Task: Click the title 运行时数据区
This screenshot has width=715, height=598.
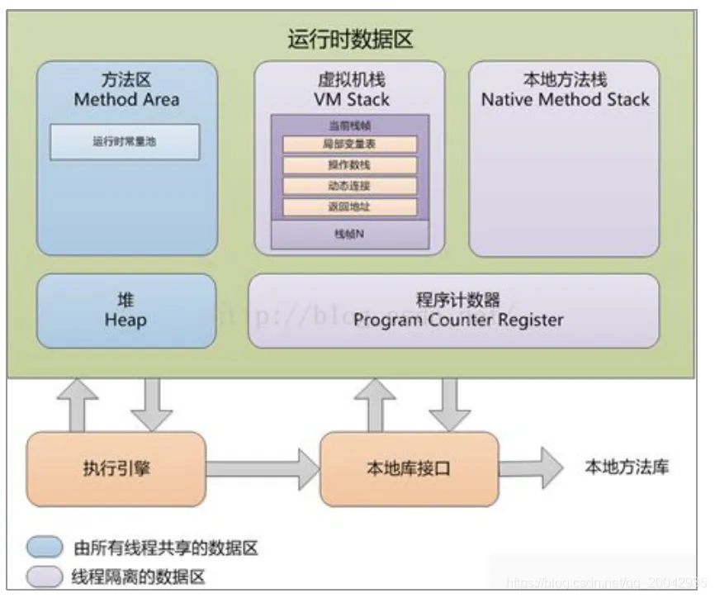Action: (x=350, y=38)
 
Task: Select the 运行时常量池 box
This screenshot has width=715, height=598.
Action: (x=125, y=142)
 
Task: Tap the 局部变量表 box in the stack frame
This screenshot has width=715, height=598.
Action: (x=350, y=145)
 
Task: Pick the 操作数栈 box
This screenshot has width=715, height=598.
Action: (x=350, y=165)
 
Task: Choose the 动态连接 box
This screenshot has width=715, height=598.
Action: (x=350, y=186)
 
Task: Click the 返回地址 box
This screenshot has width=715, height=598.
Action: (x=350, y=206)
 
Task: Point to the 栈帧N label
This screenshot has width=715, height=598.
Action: (x=350, y=235)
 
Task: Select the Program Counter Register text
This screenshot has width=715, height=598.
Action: (x=458, y=320)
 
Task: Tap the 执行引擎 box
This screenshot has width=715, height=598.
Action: (x=116, y=468)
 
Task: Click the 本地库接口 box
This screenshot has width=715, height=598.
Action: (x=409, y=468)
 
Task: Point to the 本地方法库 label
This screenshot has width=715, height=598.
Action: (x=627, y=467)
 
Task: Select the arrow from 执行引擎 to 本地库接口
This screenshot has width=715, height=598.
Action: (x=262, y=468)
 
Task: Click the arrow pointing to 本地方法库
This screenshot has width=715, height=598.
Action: (x=528, y=468)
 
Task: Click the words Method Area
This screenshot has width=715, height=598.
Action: (x=126, y=100)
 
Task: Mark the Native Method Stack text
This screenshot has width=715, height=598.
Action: (x=565, y=100)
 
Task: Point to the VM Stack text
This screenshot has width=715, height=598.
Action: (x=350, y=100)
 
